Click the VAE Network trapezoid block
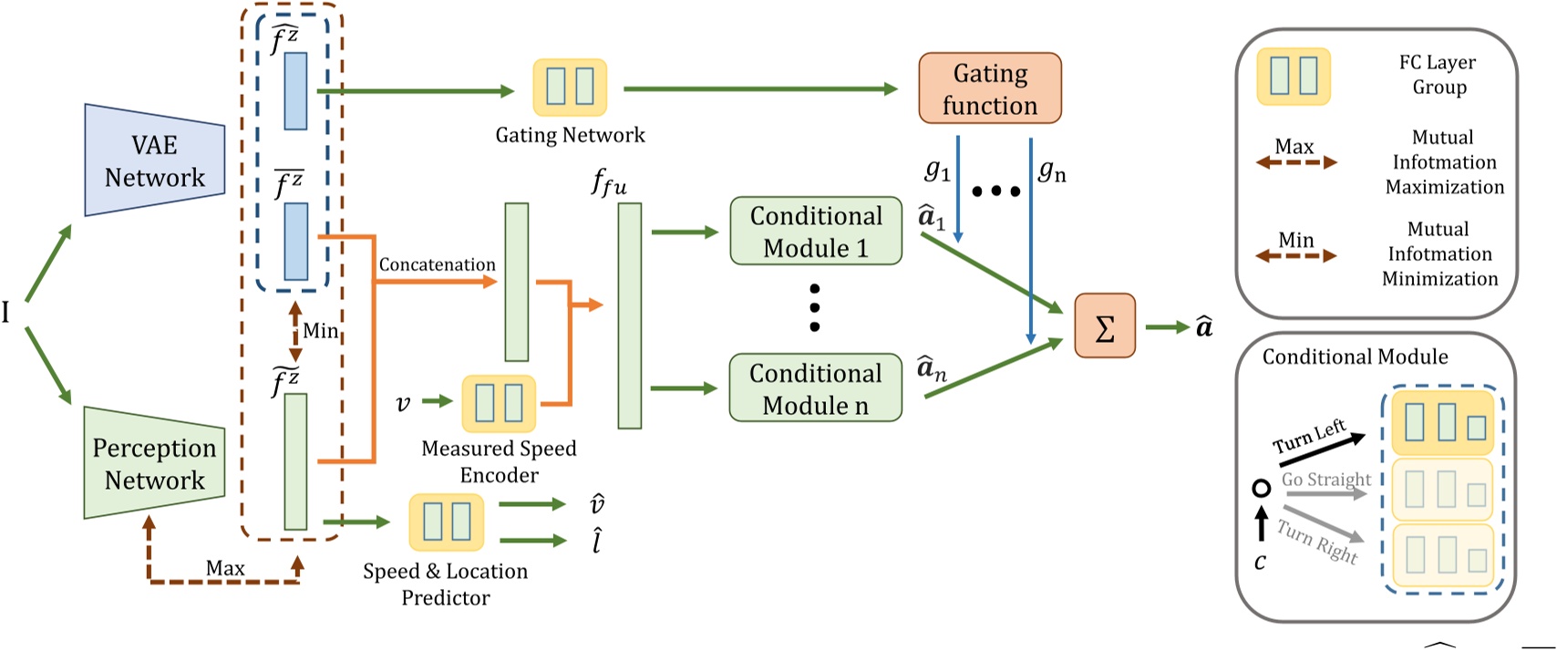pos(154,160)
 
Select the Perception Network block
pos(154,463)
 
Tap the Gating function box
pos(989,88)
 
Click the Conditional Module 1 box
pos(815,232)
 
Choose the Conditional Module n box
pos(815,388)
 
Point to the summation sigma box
pos(1104,326)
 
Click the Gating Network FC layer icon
pos(570,88)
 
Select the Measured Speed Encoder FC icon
pos(499,403)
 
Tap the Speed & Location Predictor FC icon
pos(446,522)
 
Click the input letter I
pos(6,314)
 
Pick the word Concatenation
pos(437,264)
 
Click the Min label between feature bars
pos(321,331)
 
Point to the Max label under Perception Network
pos(224,568)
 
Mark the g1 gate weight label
pos(937,170)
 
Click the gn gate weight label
pos(1052,170)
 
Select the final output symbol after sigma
pos(1204,326)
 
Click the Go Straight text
pos(1325,480)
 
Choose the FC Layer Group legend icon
pos(1294,77)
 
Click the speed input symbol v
pos(403,403)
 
